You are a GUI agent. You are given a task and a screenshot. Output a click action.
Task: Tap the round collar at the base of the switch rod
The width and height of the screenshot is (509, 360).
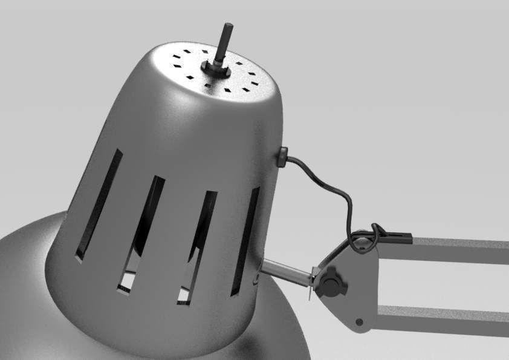click(x=217, y=68)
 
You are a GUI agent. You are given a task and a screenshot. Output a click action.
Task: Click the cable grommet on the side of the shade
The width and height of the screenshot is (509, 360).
click(x=282, y=157)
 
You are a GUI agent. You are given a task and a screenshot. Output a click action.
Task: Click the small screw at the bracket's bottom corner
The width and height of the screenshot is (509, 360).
click(x=359, y=321)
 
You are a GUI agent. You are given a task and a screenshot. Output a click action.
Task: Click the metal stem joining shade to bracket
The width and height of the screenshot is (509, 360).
click(x=287, y=272)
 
